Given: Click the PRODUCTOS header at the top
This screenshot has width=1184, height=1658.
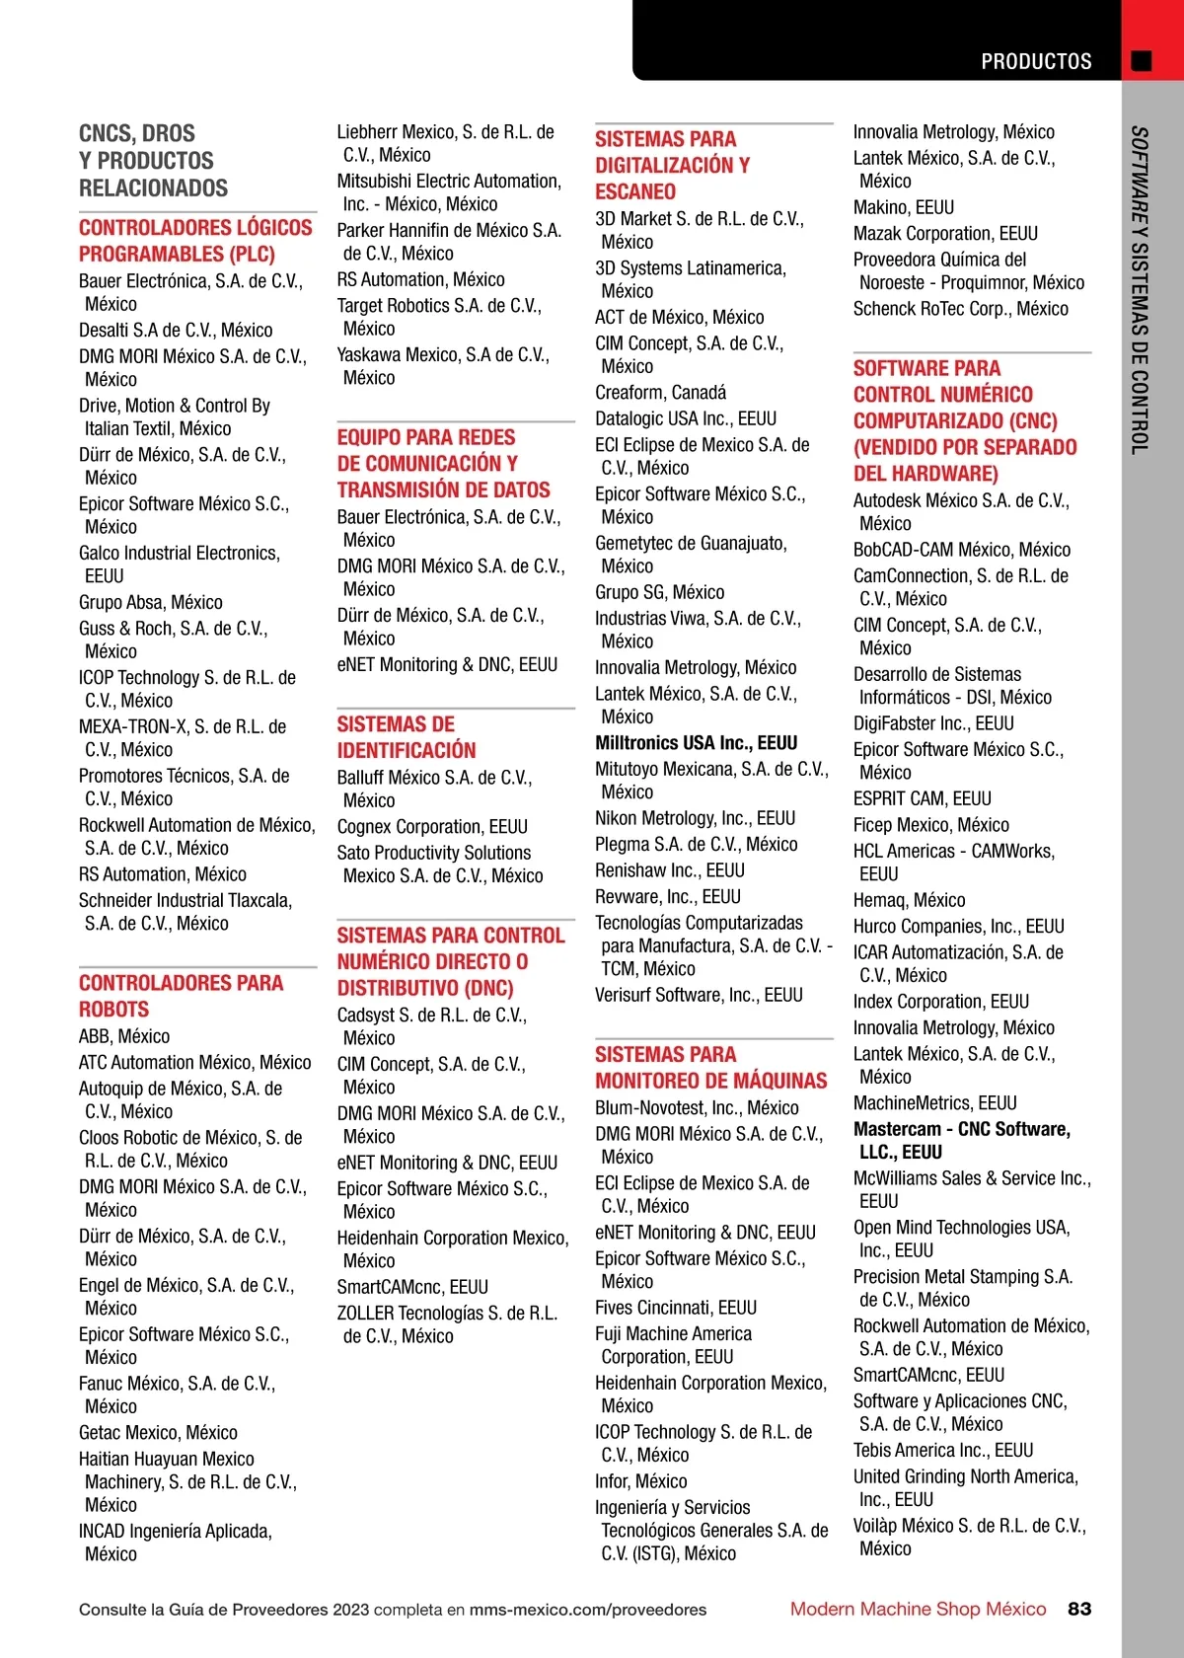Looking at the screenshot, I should (x=1036, y=61).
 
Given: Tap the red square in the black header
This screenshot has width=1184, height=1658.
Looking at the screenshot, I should (x=1142, y=61).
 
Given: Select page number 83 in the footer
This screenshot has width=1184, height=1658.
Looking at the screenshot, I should (x=1079, y=1609).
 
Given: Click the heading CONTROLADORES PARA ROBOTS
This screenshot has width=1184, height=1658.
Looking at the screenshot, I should (x=181, y=996).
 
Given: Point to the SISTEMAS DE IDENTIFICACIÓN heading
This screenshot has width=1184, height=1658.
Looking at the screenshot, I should (x=407, y=736).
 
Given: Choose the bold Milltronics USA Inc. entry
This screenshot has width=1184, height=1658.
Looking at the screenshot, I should (x=696, y=743).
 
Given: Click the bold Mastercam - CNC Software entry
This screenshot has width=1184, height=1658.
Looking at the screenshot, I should (x=962, y=1140).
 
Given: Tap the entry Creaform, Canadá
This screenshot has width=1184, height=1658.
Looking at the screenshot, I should (x=660, y=393).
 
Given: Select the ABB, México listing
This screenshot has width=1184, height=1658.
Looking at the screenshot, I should (x=124, y=1036).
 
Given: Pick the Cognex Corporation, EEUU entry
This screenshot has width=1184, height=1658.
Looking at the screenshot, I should (x=432, y=827).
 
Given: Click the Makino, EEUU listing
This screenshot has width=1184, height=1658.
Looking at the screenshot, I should (x=903, y=207).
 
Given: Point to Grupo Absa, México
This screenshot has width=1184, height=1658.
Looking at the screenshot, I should (x=151, y=602).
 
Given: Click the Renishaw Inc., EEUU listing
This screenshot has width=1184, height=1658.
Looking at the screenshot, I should (x=669, y=870).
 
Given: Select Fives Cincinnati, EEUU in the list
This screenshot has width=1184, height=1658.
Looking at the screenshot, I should (x=676, y=1308).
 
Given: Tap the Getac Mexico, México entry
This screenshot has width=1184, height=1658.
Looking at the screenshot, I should (x=158, y=1432).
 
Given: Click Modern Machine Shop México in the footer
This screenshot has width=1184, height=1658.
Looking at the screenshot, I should (x=918, y=1609).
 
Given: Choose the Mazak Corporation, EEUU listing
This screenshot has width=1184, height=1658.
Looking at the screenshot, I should (x=945, y=234).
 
